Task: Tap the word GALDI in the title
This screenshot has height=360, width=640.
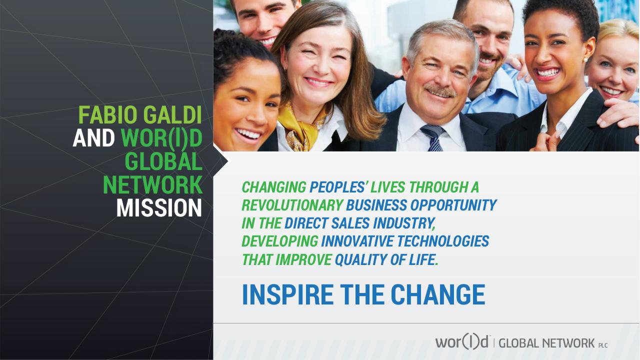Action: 172,115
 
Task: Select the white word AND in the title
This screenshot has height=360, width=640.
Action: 93,138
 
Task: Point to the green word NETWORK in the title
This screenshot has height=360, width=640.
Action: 152,184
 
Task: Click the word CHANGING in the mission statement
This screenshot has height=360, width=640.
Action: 274,187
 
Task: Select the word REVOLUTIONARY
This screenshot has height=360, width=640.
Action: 292,205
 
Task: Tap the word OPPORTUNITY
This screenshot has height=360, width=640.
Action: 453,205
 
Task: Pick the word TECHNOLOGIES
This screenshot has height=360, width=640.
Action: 443,241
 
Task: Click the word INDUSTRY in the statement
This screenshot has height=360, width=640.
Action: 404,223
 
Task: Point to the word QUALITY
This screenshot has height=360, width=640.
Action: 360,259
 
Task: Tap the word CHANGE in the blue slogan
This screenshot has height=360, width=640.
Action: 438,294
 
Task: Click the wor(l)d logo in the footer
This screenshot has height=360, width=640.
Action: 461,341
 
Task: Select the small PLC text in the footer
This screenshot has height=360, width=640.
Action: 603,345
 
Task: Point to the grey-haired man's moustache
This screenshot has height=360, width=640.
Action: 439,91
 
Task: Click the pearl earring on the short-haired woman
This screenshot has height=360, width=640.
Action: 585,59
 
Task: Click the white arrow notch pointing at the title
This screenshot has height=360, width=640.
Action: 221,161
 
